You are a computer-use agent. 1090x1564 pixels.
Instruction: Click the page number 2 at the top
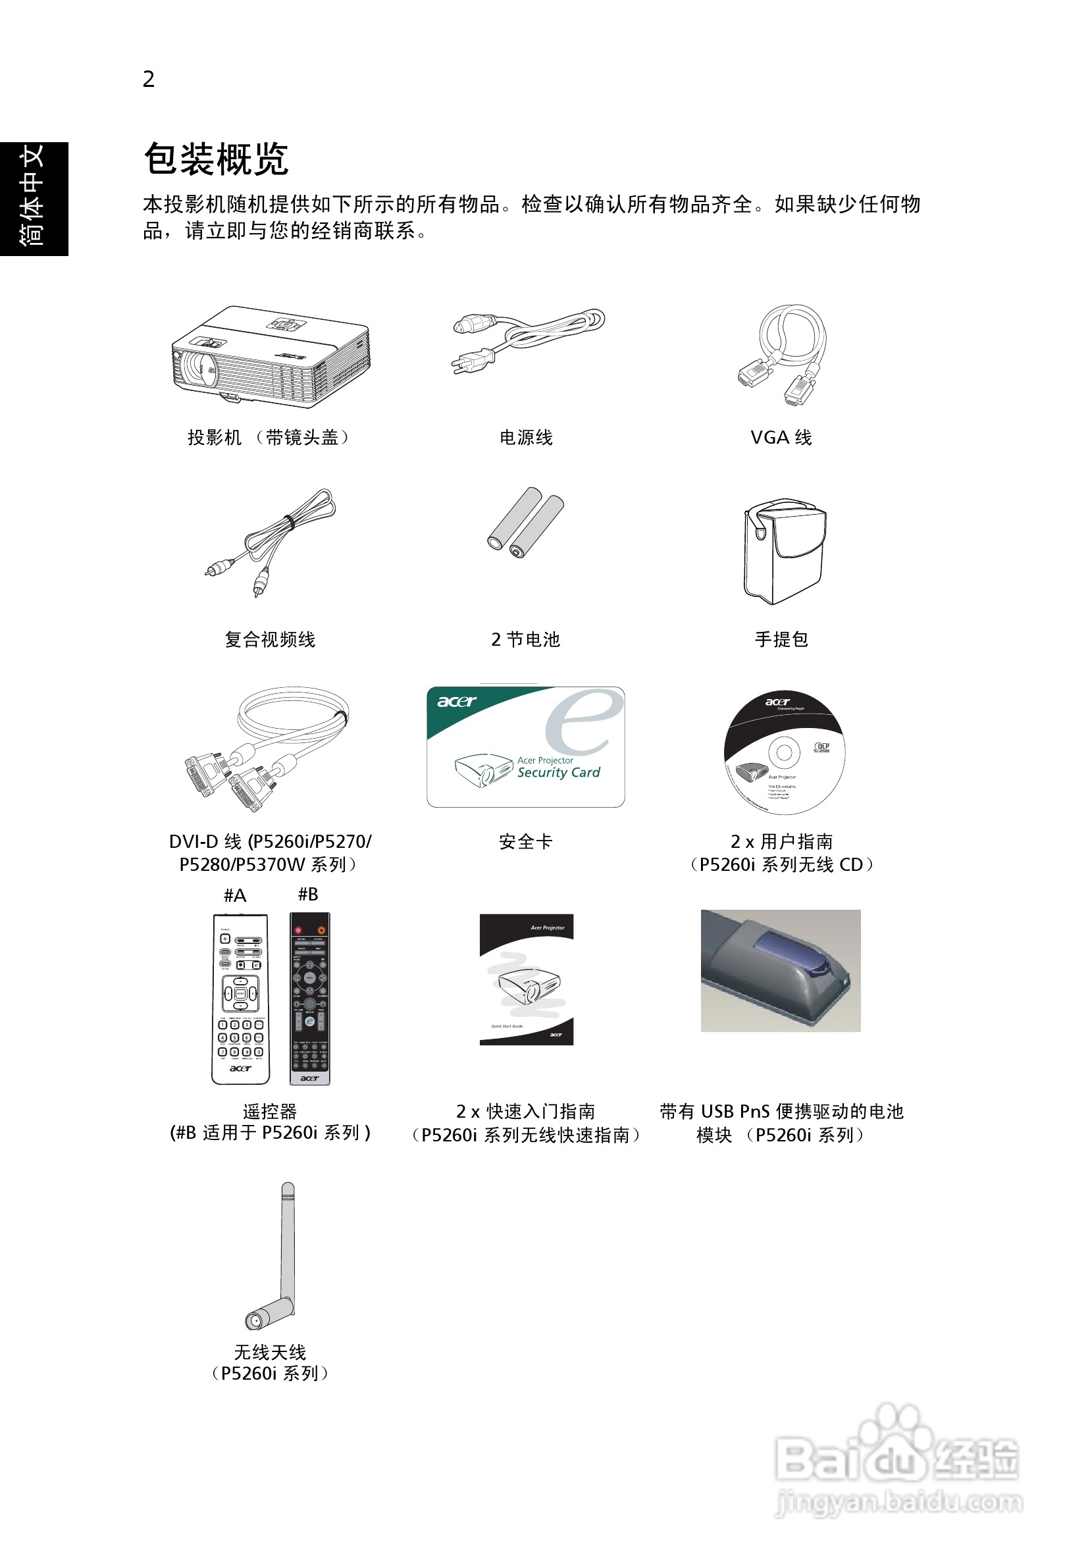[x=149, y=79]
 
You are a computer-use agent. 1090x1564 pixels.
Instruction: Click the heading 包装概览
[x=216, y=159]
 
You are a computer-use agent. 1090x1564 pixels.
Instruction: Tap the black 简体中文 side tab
[x=34, y=198]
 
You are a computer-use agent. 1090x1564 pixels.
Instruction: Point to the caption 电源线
[x=525, y=437]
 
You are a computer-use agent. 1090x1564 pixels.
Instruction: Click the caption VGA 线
[x=781, y=437]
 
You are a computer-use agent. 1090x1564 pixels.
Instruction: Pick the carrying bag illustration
[x=784, y=551]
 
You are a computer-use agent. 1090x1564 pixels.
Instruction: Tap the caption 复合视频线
[x=270, y=640]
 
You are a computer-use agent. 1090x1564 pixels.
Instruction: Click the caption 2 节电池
[x=525, y=640]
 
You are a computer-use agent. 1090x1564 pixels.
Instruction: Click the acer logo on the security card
[x=456, y=701]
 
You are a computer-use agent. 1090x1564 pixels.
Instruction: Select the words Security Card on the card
[x=559, y=773]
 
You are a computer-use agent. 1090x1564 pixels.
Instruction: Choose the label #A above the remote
[x=235, y=895]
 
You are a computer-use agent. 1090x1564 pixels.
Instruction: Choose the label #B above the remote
[x=308, y=895]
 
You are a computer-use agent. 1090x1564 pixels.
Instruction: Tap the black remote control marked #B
[x=310, y=998]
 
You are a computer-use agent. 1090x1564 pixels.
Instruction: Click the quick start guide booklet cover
[x=526, y=979]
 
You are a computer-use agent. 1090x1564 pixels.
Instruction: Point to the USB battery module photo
[x=781, y=970]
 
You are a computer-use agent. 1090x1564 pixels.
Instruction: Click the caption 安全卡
[x=525, y=842]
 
